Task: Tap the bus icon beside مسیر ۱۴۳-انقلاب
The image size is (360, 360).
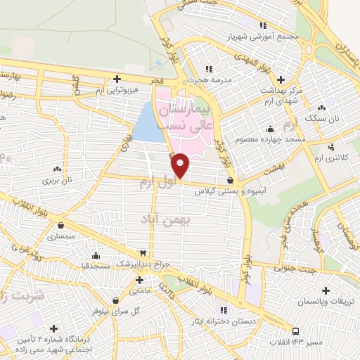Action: (x=296, y=330)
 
